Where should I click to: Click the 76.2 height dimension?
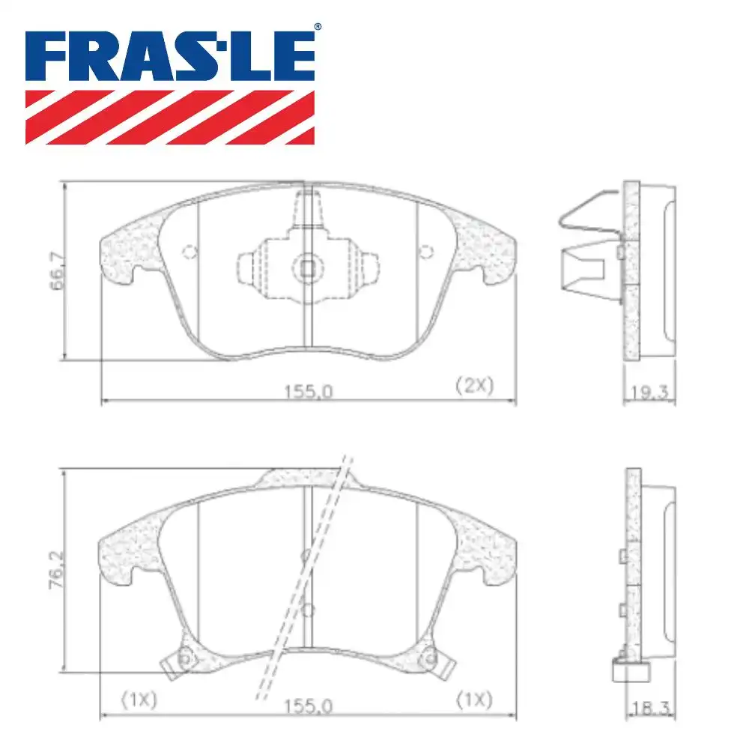pyautogui.click(x=57, y=569)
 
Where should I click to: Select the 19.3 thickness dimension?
pyautogui.click(x=649, y=392)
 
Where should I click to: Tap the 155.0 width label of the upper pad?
pyautogui.click(x=308, y=392)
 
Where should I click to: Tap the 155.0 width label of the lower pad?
pyautogui.click(x=308, y=706)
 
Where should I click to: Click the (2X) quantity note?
pyautogui.click(x=474, y=385)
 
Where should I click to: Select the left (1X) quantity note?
pyautogui.click(x=139, y=700)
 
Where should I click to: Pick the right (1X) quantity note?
pyautogui.click(x=474, y=700)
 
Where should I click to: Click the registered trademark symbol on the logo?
pyautogui.click(x=317, y=27)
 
